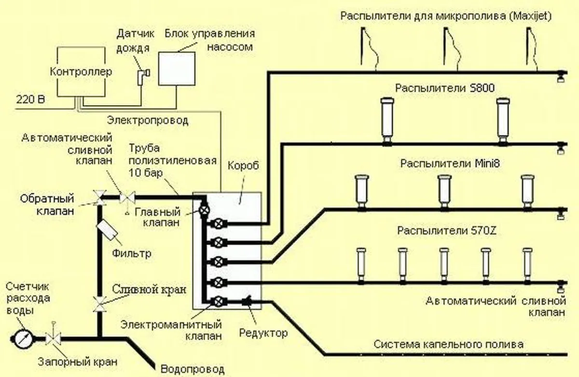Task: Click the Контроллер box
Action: pyautogui.click(x=81, y=71)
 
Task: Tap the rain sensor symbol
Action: pyautogui.click(x=142, y=75)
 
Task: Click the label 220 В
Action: pyautogui.click(x=30, y=100)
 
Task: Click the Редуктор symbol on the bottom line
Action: pyautogui.click(x=247, y=301)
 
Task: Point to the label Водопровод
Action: pyautogui.click(x=193, y=369)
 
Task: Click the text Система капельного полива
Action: pyautogui.click(x=449, y=345)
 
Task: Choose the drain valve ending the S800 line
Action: pyautogui.click(x=561, y=147)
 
